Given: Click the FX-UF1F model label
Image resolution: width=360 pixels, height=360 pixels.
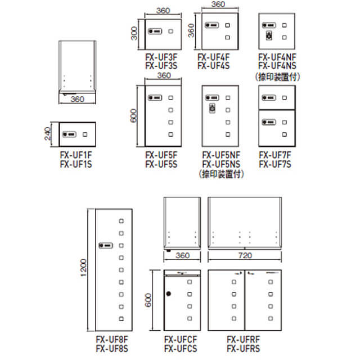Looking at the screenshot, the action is (76, 155).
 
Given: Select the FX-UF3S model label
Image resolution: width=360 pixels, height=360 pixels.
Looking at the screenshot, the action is (161, 66).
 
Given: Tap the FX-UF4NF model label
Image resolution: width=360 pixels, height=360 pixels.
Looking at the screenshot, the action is (277, 57).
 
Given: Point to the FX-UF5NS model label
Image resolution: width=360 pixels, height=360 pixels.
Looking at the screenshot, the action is (221, 164).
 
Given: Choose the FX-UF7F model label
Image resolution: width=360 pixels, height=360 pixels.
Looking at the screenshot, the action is (275, 155).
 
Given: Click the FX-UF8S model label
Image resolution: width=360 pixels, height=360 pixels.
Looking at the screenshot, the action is (112, 349).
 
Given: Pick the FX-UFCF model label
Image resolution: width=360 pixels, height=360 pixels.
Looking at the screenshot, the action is (181, 340).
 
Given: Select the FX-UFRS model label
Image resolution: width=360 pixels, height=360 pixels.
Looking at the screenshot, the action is (244, 349).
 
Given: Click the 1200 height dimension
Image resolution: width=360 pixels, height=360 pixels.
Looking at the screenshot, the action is (84, 268).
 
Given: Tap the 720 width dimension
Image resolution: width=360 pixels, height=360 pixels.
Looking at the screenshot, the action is (245, 255).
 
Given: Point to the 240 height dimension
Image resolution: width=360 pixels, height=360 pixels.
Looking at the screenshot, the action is (47, 134).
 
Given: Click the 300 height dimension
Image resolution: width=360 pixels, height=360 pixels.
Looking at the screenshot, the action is (134, 34).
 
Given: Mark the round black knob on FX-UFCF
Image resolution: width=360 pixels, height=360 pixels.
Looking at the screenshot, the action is (169, 294).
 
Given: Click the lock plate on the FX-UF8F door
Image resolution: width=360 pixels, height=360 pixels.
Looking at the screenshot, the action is (106, 245).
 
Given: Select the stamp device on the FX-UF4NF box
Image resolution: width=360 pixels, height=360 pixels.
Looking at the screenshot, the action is (269, 35).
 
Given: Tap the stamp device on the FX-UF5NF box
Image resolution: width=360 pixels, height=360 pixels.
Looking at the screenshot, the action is (213, 108).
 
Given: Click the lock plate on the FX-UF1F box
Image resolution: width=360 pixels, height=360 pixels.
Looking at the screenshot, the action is (69, 134).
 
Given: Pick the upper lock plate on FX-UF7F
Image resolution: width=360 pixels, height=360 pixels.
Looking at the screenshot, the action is (269, 98).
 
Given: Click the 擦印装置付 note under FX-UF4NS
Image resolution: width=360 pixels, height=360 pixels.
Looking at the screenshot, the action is (277, 77).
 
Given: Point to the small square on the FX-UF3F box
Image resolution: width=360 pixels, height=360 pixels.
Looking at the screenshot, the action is (170, 31).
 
